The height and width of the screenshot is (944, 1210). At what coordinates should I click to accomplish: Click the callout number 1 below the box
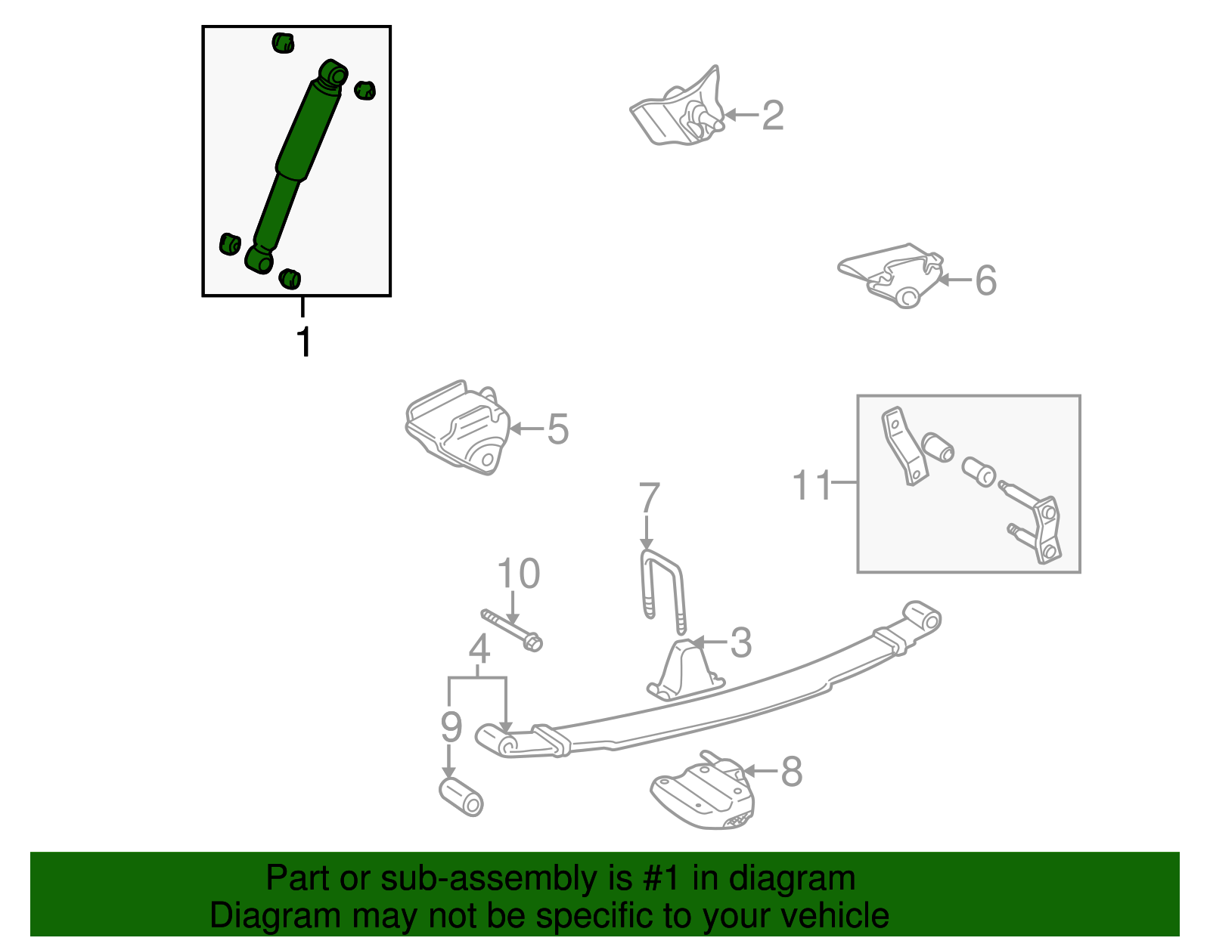(x=303, y=342)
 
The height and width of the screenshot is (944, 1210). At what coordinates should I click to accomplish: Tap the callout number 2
(x=772, y=116)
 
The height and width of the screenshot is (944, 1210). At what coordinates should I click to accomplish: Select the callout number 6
(x=985, y=280)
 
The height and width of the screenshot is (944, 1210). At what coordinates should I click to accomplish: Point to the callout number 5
(x=557, y=429)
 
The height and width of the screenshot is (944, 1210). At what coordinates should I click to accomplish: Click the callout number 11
(x=811, y=485)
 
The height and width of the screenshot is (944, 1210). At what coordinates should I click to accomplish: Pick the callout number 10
(x=519, y=574)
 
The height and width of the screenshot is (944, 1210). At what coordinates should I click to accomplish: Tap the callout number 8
(x=791, y=772)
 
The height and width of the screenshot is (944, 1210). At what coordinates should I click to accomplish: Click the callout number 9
(x=451, y=726)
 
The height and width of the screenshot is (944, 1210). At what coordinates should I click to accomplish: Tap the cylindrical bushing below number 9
(x=461, y=797)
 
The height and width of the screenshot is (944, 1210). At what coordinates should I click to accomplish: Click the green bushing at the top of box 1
(x=283, y=42)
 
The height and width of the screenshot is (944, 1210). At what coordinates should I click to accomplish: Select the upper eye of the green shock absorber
(x=334, y=75)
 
